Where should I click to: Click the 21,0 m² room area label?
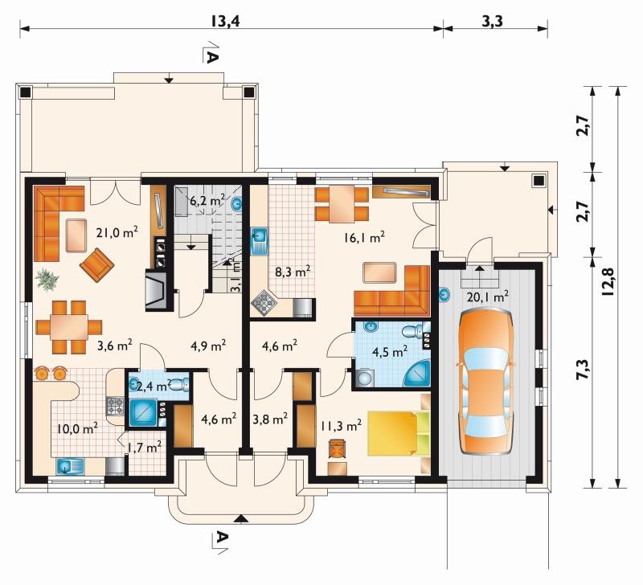tap(117, 232)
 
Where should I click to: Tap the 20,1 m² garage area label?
tap(488, 296)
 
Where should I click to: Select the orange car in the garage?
tap(486, 382)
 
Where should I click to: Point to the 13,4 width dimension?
tap(225, 21)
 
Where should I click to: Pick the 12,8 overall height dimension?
tap(608, 281)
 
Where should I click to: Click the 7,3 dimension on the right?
tap(584, 370)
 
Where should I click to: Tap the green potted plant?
tap(47, 280)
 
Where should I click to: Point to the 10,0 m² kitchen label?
tap(77, 428)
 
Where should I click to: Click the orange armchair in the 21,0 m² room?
tap(96, 261)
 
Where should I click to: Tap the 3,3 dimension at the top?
tap(492, 21)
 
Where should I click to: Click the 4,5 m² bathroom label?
tap(390, 351)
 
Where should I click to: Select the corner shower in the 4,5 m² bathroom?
tap(417, 374)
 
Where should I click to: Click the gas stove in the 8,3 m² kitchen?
tap(264, 304)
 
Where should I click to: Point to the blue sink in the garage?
tap(444, 294)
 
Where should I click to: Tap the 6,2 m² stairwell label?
tap(207, 201)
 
